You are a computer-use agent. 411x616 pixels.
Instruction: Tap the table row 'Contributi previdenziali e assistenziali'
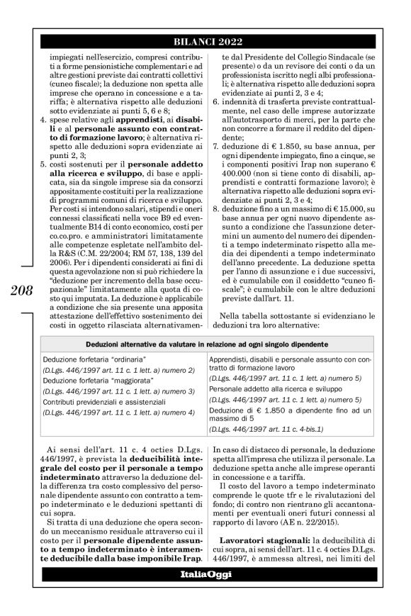pyautogui.click(x=102, y=401)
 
